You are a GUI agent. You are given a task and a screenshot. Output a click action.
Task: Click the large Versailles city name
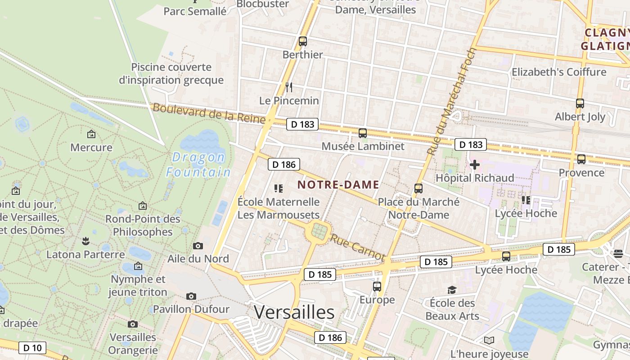click(x=294, y=312)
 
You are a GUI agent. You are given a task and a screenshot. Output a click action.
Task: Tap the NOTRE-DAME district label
click(x=338, y=184)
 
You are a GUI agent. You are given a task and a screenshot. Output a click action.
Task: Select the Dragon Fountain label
click(x=198, y=165)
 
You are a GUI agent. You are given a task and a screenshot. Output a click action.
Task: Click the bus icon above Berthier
click(x=303, y=41)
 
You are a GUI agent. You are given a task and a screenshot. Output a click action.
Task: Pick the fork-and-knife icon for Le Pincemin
click(x=289, y=87)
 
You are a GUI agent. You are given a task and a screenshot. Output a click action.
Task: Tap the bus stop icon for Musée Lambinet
click(x=363, y=133)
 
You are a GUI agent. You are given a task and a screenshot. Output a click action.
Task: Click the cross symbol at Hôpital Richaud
click(x=474, y=165)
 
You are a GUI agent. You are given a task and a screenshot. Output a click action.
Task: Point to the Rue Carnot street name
click(x=357, y=247)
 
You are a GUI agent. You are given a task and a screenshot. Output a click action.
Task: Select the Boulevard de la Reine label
click(x=209, y=112)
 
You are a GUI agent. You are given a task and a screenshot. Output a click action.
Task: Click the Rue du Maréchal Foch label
click(x=451, y=102)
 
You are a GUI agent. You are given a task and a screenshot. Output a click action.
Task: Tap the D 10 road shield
click(x=32, y=347)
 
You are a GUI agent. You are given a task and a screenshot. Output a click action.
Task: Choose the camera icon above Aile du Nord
click(x=198, y=246)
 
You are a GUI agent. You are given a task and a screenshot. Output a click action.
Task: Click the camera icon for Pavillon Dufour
click(x=191, y=296)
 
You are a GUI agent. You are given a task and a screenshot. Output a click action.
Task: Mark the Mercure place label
click(x=91, y=147)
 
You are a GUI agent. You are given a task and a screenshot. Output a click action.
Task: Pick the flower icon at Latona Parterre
click(x=85, y=241)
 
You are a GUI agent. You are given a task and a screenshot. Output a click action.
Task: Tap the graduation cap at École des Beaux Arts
click(x=452, y=290)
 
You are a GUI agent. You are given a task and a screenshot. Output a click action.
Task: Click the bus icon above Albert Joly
click(x=580, y=103)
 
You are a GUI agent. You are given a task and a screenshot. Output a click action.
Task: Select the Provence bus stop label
click(x=581, y=172)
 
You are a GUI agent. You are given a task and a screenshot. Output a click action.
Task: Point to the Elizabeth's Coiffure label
click(x=559, y=72)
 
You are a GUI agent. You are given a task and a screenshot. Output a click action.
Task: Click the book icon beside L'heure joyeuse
click(x=489, y=341)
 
